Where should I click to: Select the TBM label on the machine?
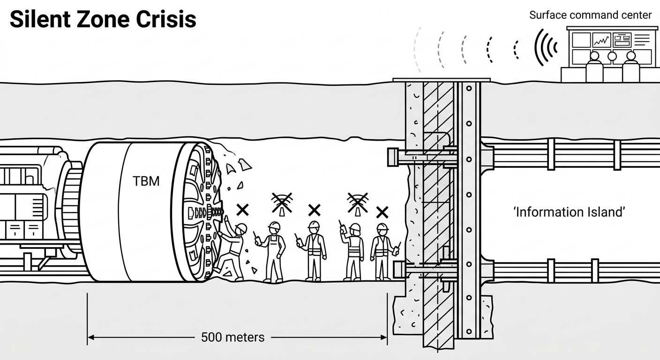click(x=146, y=180)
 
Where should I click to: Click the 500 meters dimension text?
click(x=232, y=337)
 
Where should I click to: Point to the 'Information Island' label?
click(x=570, y=212)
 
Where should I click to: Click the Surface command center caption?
click(x=590, y=15)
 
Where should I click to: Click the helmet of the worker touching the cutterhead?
click(x=240, y=228)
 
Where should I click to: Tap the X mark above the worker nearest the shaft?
click(x=382, y=212)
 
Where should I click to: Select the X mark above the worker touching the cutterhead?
click(x=242, y=210)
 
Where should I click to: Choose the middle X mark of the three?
click(x=314, y=210)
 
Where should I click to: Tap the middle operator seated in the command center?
click(x=612, y=57)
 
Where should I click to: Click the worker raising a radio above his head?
click(x=353, y=248)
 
